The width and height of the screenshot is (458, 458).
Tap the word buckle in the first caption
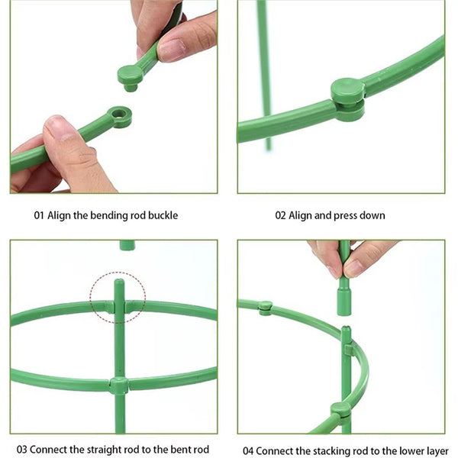coord(162,215)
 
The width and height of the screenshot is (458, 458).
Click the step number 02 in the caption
coord(280,215)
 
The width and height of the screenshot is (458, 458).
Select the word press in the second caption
coord(344,216)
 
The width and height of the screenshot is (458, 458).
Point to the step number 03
coord(22,450)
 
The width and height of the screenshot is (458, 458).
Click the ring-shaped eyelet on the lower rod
coord(119,117)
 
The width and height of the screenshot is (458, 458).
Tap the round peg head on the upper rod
coord(131,75)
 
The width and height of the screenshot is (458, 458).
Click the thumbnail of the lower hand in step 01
coord(61,130)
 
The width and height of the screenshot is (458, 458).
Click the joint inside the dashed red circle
coord(118,306)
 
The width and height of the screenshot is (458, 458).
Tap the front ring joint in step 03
coord(119,385)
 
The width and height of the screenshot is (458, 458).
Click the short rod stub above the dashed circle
coord(127,245)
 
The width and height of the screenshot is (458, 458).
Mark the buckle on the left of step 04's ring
coord(265,308)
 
